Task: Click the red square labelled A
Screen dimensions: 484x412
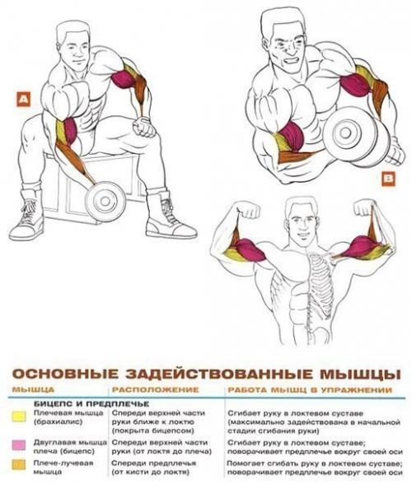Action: point(22,100)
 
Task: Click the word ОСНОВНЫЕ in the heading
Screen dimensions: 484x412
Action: point(62,373)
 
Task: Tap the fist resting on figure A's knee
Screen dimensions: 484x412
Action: point(144,128)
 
